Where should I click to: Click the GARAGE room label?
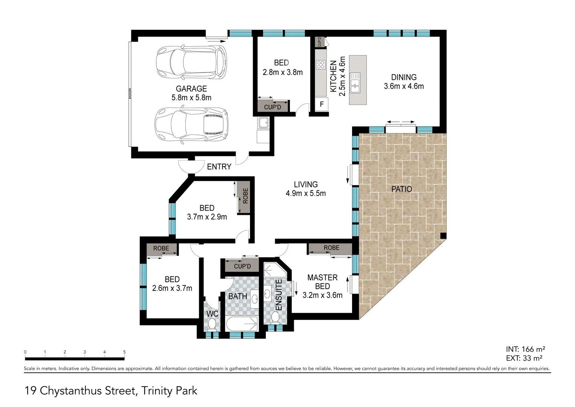(191, 89)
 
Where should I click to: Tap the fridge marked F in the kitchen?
(322, 104)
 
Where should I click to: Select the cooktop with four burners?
(320, 64)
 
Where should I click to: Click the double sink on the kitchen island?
(355, 83)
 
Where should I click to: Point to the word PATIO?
(401, 189)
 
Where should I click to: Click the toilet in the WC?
(212, 324)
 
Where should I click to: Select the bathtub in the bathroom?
(241, 324)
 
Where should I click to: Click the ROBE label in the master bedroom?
(331, 248)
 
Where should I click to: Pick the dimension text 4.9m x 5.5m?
(306, 193)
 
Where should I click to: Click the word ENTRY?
(219, 167)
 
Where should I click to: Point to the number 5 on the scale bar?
(124, 352)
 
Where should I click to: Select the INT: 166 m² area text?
(525, 349)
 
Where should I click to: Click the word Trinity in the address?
(157, 391)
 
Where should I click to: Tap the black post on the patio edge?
(443, 236)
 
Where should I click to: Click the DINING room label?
(404, 77)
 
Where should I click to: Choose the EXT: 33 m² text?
(524, 358)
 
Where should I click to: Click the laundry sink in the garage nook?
(263, 122)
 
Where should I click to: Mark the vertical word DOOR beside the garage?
(130, 93)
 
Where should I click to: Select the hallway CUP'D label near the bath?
(243, 266)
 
